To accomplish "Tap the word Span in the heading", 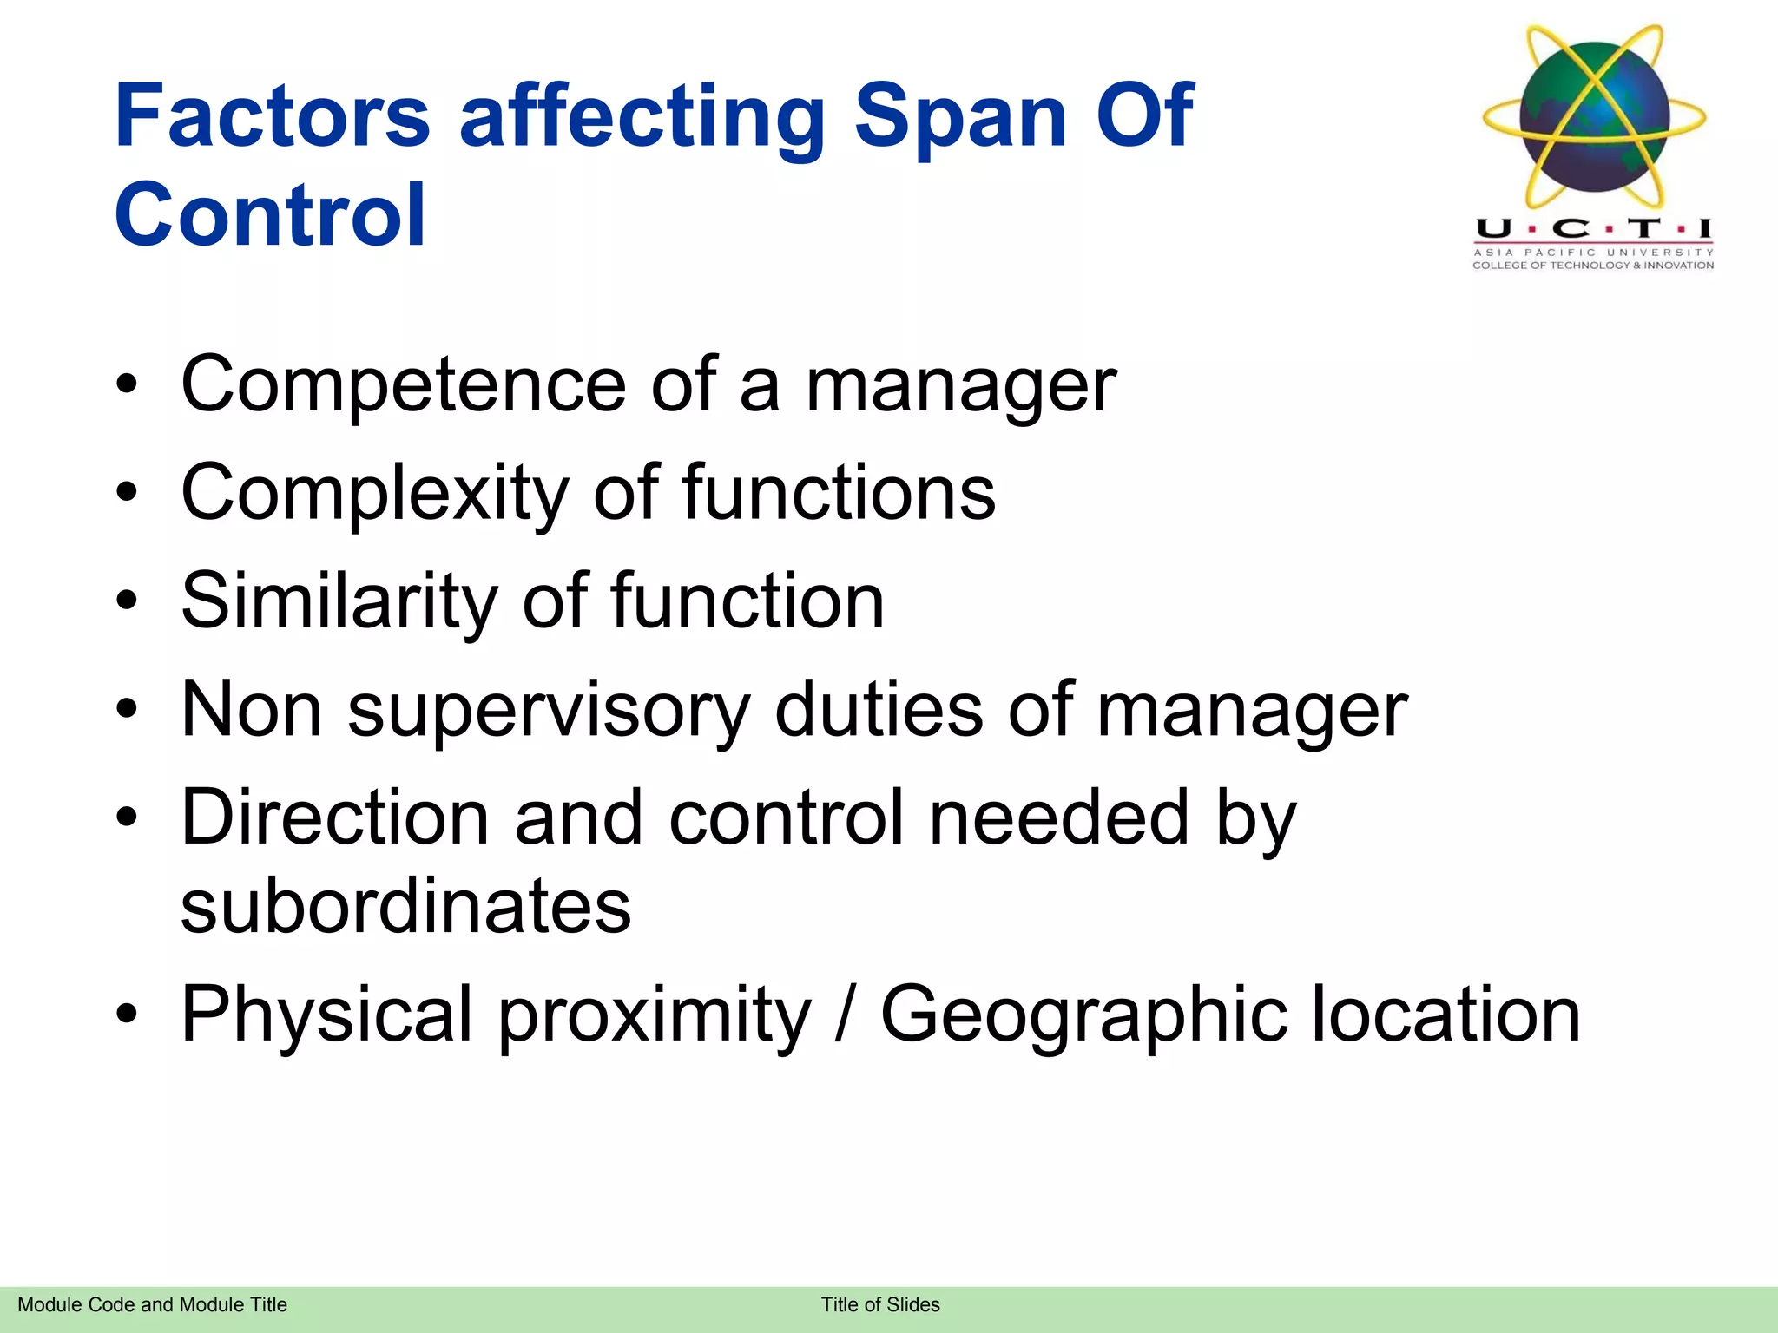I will click(960, 117).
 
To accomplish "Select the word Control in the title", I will click(270, 215).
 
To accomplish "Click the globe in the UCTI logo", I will click(1594, 117).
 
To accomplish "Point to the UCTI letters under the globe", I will click(1594, 229).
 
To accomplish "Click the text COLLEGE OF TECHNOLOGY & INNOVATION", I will click(1593, 266).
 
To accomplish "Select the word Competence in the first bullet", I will click(403, 385).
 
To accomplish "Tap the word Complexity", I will click(374, 493).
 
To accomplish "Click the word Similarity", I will click(339, 601).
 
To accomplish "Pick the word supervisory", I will click(548, 710).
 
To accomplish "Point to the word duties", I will click(878, 710).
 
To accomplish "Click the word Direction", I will click(334, 818).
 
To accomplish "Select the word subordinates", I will click(405, 906).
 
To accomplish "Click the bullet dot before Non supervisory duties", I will click(127, 710).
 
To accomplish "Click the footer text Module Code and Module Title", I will click(152, 1305).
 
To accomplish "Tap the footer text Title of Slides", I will click(880, 1305).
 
